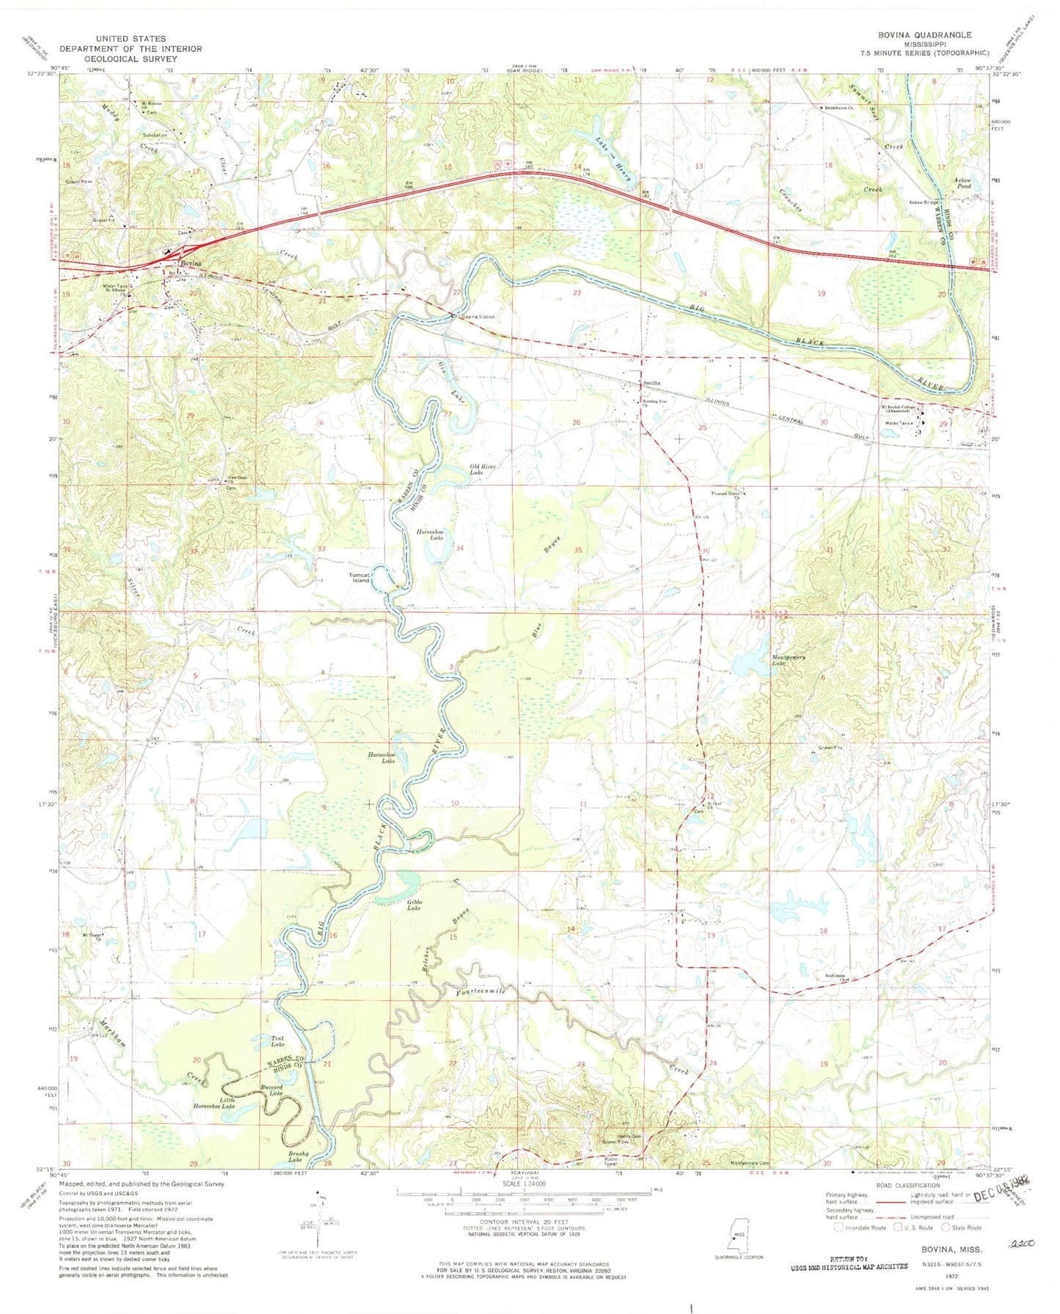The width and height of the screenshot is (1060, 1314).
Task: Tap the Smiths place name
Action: [x=651, y=383]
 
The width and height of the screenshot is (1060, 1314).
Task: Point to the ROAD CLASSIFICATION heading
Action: [x=906, y=1185]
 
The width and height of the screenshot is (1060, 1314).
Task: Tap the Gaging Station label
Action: [x=478, y=317]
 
